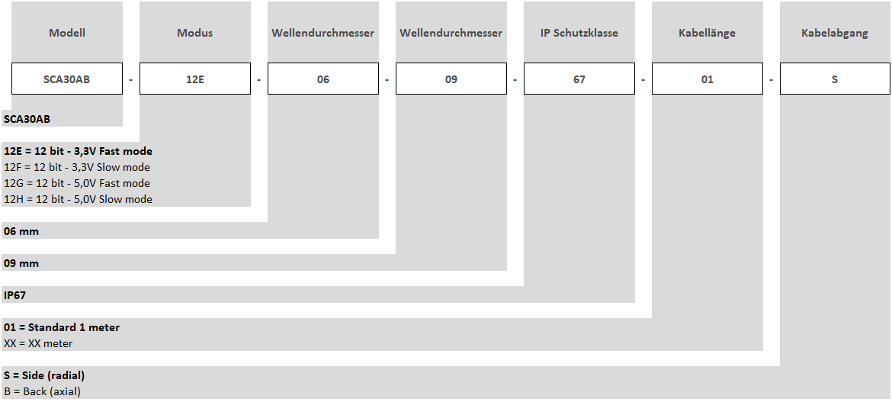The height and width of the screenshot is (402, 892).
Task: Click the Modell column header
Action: coord(67,33)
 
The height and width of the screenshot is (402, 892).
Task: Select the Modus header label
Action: coord(195,33)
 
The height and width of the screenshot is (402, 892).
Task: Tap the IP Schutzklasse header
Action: coord(579,33)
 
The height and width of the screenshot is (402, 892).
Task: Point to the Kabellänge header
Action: coord(707,33)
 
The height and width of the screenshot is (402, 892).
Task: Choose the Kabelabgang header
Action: coord(835,33)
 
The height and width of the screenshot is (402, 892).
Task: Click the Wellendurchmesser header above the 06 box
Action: coord(323,33)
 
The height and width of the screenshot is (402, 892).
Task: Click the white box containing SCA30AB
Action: coord(67,79)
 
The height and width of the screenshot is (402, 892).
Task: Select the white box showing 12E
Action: coord(195,79)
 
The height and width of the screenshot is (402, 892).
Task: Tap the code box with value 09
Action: coord(451,79)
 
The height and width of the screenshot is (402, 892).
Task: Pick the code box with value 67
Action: coord(579,79)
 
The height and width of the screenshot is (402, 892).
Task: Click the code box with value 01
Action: coord(707,79)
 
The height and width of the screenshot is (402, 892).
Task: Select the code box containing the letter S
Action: coord(835,79)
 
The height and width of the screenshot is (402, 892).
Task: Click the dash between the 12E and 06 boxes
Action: coord(259,79)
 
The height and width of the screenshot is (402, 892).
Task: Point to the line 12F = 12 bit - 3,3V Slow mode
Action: coord(77,167)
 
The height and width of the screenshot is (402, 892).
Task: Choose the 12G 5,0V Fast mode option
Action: coord(77,183)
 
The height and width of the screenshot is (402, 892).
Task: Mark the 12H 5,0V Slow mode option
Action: coord(78,199)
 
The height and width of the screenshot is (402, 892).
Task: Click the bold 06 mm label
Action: coord(21,232)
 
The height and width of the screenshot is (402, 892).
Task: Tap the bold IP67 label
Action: coord(14,296)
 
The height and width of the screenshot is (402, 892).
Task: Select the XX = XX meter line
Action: coord(38,344)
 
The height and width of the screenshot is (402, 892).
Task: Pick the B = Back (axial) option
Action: coord(42,392)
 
